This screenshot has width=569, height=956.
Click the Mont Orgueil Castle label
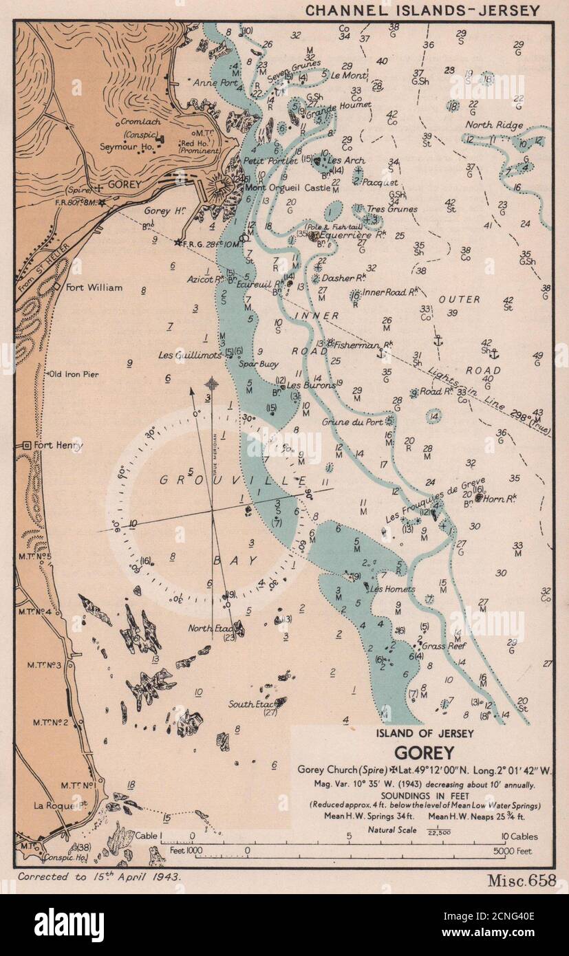[x=288, y=187]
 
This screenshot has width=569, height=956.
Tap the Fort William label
[x=94, y=287]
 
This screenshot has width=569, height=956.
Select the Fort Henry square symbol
[x=27, y=446]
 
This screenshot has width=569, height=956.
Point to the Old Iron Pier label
[x=74, y=374]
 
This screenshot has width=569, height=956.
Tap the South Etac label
[x=251, y=704]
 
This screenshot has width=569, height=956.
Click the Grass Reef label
[x=444, y=646]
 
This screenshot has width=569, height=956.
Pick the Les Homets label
[x=392, y=589]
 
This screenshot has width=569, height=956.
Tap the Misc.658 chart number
[x=522, y=880]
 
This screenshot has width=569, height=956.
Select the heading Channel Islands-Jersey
[x=422, y=10]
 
